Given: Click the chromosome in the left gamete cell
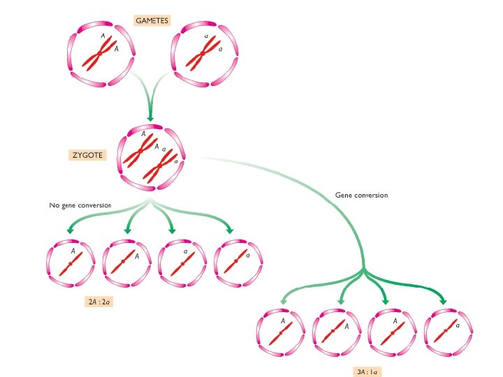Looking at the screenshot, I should coord(99,54).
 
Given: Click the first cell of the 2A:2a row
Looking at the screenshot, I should coord(71,263).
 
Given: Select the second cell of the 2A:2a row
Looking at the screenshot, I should coord(126,263).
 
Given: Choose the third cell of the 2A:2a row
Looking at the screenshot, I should coord(182,263).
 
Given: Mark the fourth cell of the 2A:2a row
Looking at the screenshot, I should coord(238,263).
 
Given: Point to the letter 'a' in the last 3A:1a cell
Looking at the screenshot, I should coord(458,323).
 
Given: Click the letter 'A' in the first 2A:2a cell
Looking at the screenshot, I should coord(73,250).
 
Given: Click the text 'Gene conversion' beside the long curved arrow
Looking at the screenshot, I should coord(361,195).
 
